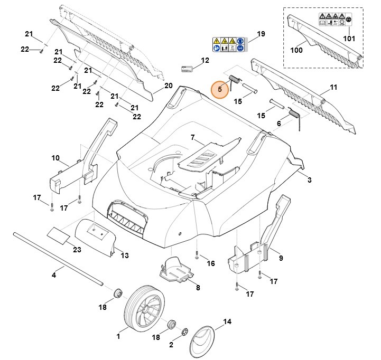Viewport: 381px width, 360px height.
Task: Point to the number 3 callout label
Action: coord(310,181)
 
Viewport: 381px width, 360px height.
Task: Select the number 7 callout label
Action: coord(193,138)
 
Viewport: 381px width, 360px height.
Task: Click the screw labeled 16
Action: coord(197,255)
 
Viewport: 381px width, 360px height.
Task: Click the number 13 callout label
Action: coord(125,255)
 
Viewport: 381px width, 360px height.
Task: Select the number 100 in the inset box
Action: coord(296,50)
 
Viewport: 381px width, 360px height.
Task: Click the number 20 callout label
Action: coord(169,86)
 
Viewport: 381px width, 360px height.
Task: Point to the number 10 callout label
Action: coord(55,158)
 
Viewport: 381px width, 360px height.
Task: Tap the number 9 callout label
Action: coord(281,258)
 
